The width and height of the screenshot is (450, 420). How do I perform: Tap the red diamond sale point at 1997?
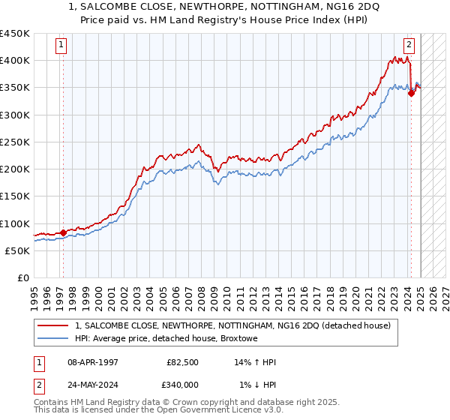[63, 232]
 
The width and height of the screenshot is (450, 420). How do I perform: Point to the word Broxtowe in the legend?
[259, 338]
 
